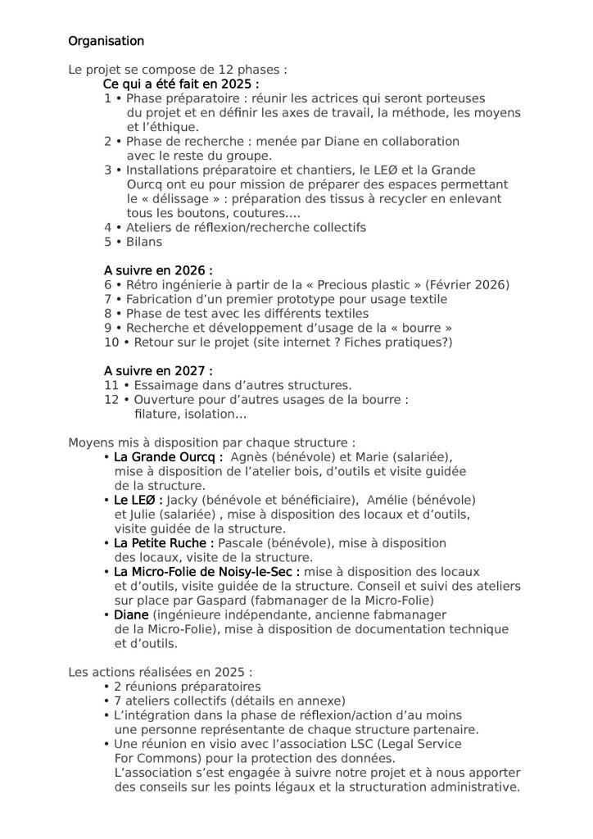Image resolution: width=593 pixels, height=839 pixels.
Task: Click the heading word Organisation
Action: tap(106, 41)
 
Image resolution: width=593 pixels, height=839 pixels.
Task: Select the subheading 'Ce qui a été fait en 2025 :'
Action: tap(181, 84)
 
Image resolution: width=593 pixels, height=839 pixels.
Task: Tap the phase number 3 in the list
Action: tap(107, 170)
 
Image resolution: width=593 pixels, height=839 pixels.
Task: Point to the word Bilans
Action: tap(144, 242)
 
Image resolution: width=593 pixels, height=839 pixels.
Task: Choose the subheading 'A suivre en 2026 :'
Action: tap(158, 270)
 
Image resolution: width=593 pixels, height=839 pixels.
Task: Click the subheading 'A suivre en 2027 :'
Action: tap(158, 370)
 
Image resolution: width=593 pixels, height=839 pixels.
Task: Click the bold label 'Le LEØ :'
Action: tap(138, 499)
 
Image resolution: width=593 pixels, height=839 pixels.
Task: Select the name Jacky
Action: tap(182, 499)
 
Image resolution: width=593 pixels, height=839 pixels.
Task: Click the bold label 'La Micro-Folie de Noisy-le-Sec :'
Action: tap(206, 571)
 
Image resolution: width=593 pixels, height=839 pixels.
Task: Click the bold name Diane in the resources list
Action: tap(131, 615)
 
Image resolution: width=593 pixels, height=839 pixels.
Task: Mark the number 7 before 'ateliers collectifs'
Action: tap(117, 701)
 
